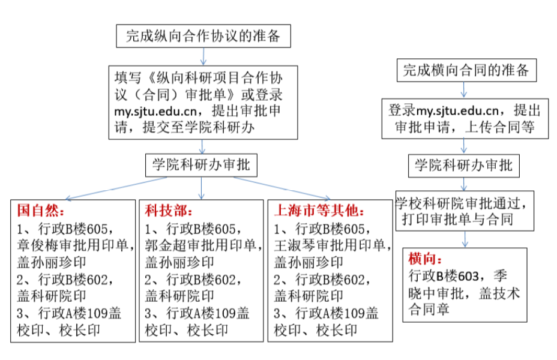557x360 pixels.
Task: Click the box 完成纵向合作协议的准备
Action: (203, 36)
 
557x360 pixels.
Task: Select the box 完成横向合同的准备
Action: (466, 70)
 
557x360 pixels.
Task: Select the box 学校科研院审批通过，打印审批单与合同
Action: (465, 211)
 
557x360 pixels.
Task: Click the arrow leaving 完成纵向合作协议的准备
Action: (203, 56)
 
